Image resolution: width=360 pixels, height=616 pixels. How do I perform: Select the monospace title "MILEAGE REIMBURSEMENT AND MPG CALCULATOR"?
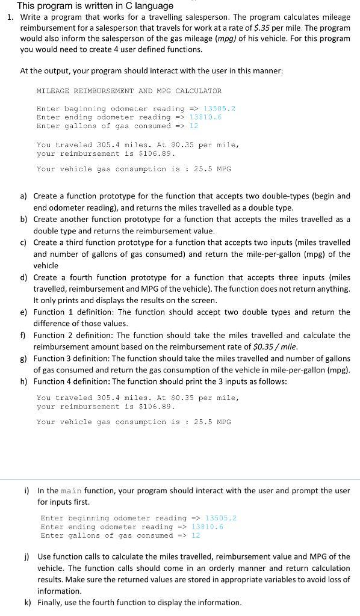(x=129, y=91)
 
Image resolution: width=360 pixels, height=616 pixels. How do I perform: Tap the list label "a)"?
(x=23, y=196)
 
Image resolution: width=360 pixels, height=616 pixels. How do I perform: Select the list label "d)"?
(x=23, y=277)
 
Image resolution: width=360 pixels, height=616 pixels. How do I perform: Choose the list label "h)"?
(x=23, y=381)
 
